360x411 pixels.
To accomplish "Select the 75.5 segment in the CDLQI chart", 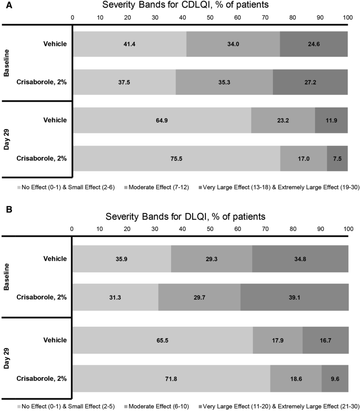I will pos(176,159).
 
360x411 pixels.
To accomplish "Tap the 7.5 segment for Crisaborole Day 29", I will pos(337,159).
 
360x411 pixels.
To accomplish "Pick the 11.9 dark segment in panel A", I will pos(331,120).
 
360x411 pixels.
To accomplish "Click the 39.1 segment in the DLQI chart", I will pos(294,296).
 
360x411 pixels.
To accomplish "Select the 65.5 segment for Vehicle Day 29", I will pos(162,340).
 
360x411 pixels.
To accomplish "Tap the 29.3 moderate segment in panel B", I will pos(211,258).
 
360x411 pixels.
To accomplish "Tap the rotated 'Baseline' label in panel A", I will pos(7,63).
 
